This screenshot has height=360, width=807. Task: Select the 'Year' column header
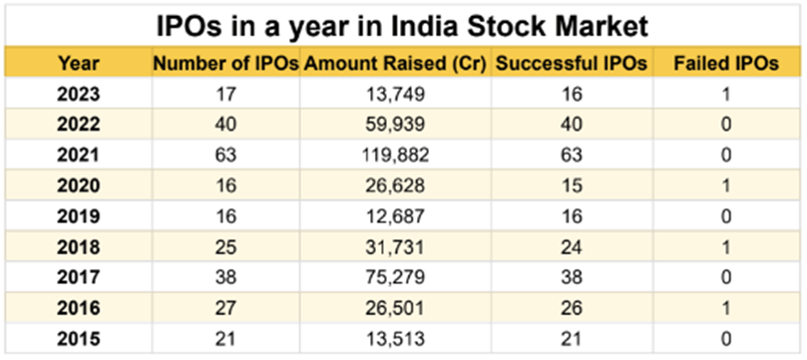78,64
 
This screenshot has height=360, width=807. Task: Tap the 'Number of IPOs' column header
225,64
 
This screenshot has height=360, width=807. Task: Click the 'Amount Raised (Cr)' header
395,64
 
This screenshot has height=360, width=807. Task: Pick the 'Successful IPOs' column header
571,64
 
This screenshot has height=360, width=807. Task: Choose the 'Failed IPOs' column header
726,64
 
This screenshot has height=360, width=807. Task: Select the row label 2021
78,155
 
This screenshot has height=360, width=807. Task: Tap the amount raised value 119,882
395,155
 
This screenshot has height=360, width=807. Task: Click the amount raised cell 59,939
395,125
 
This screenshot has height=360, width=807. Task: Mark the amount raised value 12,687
395,214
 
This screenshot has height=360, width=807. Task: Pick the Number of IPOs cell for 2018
225,244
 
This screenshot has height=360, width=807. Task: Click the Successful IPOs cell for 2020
571,184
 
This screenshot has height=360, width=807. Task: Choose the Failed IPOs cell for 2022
726,125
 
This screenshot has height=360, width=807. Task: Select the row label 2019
78,214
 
